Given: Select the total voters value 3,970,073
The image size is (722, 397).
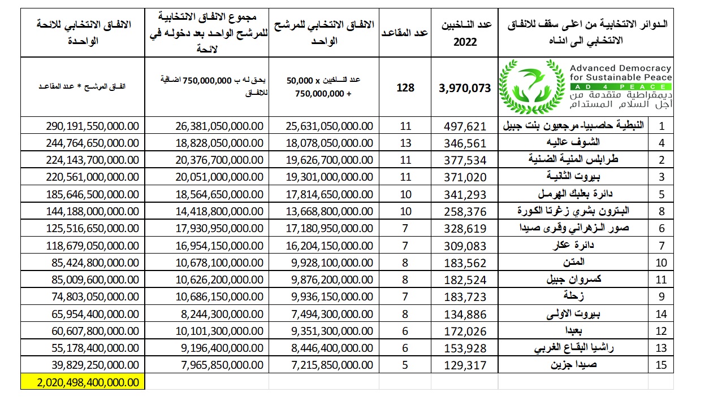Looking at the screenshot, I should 465,88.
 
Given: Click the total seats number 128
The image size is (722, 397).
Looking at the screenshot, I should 405,88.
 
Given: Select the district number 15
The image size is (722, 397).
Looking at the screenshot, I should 661,365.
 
